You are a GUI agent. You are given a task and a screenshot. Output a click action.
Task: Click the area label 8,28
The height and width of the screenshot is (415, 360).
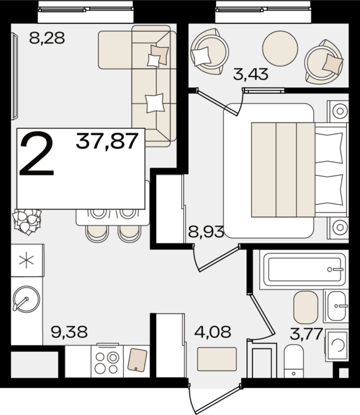(47, 37)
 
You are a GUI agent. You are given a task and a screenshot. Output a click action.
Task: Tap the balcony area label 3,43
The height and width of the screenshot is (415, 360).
(251, 74)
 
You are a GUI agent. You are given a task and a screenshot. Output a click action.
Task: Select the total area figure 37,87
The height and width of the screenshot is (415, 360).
(107, 141)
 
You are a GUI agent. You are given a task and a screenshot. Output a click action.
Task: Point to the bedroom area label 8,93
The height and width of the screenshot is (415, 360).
(206, 232)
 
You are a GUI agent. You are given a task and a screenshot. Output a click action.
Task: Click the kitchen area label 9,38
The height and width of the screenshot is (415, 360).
(69, 332)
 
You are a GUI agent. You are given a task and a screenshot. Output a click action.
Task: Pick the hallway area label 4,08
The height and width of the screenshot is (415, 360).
(213, 332)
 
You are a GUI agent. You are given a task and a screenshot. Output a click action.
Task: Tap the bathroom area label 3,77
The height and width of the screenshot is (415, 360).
(306, 334)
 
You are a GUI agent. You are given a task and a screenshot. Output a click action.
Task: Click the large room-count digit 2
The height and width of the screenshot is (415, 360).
(37, 155)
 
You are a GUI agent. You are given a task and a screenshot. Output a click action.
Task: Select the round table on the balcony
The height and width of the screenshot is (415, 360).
(280, 48)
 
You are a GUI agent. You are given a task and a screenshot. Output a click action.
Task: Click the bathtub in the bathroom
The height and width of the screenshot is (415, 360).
(303, 270)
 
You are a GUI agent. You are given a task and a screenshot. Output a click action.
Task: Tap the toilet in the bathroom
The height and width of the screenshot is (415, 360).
(294, 361)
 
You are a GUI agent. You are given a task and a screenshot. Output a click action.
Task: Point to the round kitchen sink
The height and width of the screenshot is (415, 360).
(26, 299)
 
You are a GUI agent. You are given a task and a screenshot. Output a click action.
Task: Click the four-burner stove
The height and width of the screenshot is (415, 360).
(107, 361)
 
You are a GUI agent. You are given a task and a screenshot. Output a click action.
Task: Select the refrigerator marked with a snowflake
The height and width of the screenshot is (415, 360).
(27, 260)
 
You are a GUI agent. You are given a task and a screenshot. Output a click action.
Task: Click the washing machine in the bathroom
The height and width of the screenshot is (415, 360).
(337, 345)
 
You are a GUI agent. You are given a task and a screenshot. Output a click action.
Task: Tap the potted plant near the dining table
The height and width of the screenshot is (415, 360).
(27, 222)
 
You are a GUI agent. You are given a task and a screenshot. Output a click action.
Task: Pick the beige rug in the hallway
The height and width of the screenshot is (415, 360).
(217, 359)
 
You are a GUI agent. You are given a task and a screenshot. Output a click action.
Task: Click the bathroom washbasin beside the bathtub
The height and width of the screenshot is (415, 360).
(336, 306)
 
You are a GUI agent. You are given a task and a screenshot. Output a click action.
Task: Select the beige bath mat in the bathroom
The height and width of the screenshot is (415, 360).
(306, 307)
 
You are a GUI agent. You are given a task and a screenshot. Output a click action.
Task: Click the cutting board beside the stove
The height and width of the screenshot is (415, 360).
(138, 359)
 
